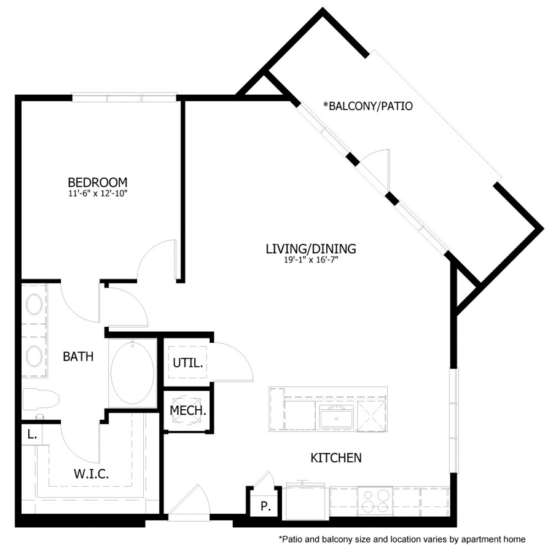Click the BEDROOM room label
point(98,182)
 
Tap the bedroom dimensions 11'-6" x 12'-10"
point(98,193)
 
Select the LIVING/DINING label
point(311,249)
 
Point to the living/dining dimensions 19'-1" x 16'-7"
point(311,259)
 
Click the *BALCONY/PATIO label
point(367,106)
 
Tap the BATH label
point(79,356)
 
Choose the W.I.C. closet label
point(92,474)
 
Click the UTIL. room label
point(187,363)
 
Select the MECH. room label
point(188,410)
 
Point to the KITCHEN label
point(335,458)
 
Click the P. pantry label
point(266,507)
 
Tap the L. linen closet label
point(31,434)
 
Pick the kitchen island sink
point(335,418)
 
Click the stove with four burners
point(375,500)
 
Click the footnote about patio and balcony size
point(402,539)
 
